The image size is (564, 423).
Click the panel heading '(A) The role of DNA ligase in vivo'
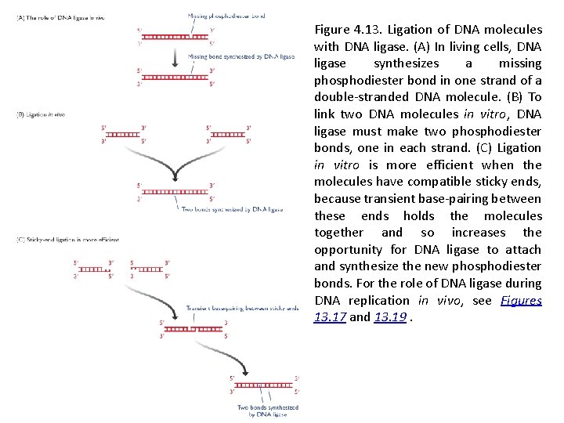point(60,16)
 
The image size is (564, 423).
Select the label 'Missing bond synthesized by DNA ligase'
point(232,56)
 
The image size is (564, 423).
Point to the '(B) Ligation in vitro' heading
point(41,114)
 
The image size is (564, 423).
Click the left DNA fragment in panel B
point(122,135)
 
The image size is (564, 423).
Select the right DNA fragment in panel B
point(226,135)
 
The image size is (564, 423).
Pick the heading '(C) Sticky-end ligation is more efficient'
point(67,239)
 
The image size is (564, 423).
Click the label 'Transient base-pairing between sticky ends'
point(243,309)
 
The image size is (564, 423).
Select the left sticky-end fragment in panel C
point(93,269)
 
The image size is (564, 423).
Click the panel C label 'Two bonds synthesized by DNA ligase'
point(267,410)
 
